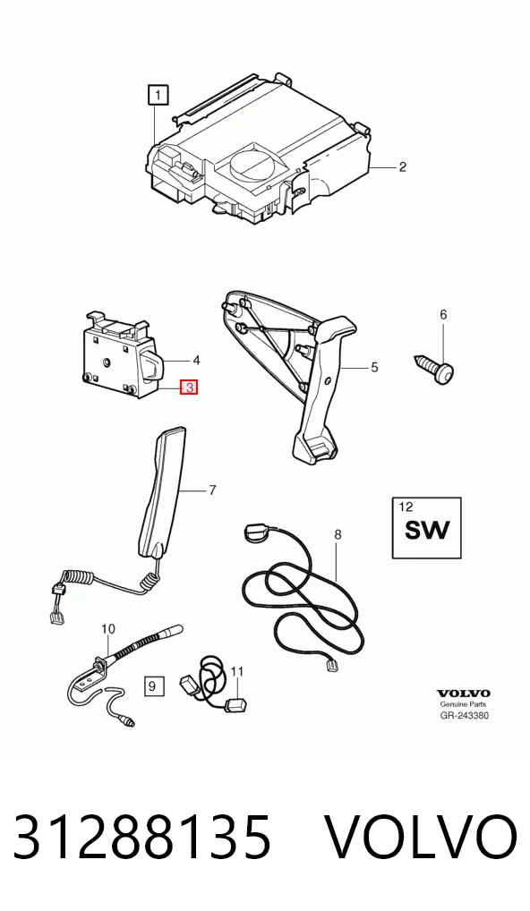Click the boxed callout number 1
(158, 95)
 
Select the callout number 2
(402, 167)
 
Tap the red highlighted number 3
(190, 387)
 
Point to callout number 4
(196, 361)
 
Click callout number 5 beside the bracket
(374, 367)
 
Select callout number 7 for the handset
(212, 490)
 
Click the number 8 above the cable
(338, 534)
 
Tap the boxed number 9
(152, 686)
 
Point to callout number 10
(108, 628)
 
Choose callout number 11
(236, 672)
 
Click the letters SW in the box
(427, 530)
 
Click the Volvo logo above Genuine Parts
(463, 694)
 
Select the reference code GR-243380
(464, 715)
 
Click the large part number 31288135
(141, 837)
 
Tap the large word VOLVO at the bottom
(420, 837)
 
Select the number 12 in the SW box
(406, 507)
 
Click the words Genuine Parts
(463, 704)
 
